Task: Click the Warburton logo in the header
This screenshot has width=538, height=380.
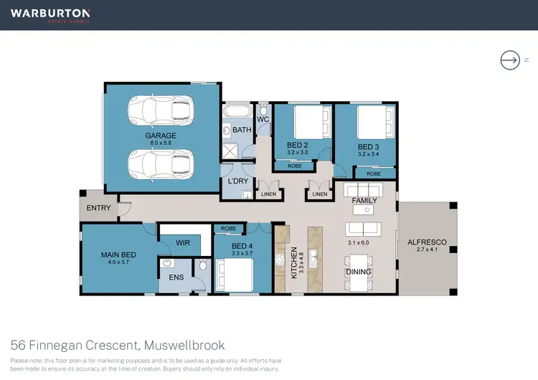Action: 50,14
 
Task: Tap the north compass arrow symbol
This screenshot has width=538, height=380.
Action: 509,61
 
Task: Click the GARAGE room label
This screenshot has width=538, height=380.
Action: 161,135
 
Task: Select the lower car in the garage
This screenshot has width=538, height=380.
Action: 160,164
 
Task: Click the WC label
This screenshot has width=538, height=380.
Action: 263,119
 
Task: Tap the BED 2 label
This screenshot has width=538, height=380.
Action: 297,144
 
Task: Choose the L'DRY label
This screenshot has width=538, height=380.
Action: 237,181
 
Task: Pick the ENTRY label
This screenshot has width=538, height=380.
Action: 99,207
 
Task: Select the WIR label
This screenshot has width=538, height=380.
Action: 184,243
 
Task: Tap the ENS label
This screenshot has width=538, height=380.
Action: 176,276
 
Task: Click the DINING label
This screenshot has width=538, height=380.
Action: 359,272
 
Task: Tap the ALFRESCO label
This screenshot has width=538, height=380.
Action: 427,242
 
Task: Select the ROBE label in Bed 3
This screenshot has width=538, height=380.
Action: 374,174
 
